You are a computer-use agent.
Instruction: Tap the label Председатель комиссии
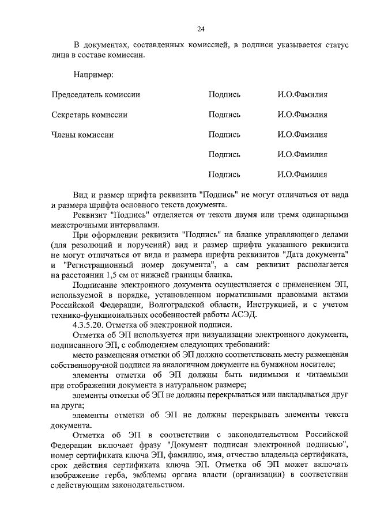coord(96,94)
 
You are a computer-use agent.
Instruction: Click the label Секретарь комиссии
coord(89,115)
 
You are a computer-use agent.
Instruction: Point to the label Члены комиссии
coord(82,135)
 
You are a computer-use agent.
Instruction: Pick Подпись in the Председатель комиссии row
coord(224,94)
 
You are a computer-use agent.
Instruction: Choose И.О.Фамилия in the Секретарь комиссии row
coord(302,115)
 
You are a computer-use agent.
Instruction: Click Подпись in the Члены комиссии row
coord(224,135)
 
